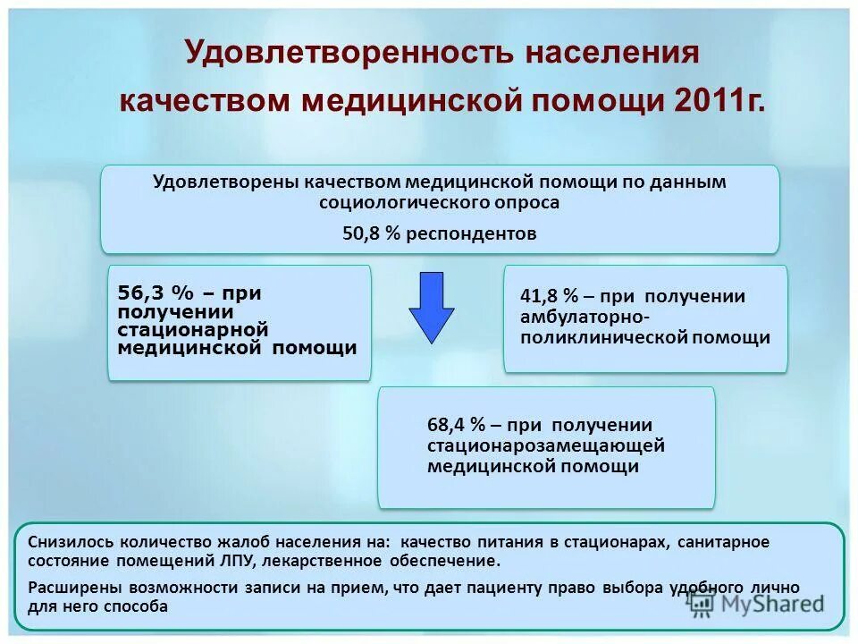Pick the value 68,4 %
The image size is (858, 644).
click(456, 425)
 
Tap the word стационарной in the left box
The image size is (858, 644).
click(193, 330)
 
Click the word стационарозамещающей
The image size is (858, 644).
click(545, 445)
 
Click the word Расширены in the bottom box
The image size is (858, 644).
click(70, 588)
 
